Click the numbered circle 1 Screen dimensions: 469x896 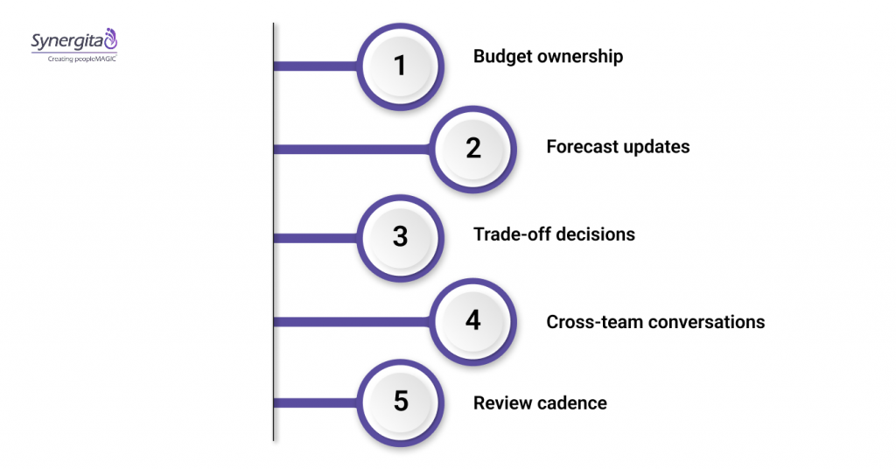point(401,66)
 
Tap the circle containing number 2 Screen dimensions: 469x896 point(473,148)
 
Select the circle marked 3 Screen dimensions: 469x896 point(401,236)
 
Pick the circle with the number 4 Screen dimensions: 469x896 point(473,320)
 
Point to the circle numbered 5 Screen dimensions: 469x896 point(401,402)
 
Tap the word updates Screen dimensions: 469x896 point(655,147)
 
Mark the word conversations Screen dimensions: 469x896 point(706,322)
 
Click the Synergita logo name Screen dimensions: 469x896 point(66,40)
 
